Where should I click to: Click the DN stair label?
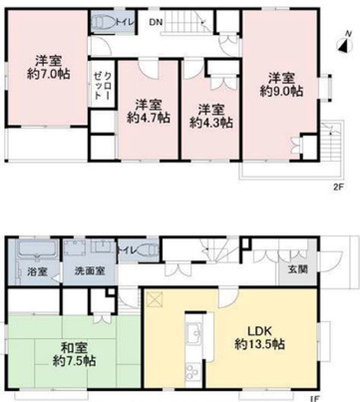point(157,22)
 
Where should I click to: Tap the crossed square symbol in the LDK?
point(155,298)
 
